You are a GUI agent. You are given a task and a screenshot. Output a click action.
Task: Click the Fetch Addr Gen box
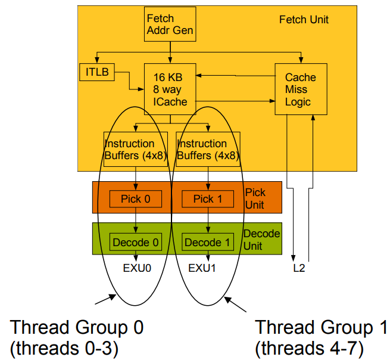[x=170, y=24]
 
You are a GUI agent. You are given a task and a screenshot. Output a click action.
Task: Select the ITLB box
[x=97, y=72]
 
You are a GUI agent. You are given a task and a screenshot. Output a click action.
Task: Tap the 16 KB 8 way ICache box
[x=170, y=89]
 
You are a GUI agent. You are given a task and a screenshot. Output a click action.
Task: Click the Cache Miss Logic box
[x=301, y=89]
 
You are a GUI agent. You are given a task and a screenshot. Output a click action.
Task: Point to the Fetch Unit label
[x=304, y=20]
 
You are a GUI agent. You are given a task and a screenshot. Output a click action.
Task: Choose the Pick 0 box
[x=136, y=199]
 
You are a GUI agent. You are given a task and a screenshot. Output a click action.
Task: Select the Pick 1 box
[x=208, y=199]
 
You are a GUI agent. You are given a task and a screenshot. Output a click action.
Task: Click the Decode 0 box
[x=136, y=242]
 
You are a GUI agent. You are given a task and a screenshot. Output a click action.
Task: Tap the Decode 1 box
[x=208, y=242]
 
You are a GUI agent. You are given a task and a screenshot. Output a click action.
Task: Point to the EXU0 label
[x=137, y=268]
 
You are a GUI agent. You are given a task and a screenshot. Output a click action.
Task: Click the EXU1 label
[x=202, y=268]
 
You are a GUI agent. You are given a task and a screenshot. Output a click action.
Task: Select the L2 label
[x=299, y=268]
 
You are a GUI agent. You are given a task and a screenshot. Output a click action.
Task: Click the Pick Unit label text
[x=255, y=198]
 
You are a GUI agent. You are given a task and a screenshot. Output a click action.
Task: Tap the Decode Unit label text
[x=261, y=240]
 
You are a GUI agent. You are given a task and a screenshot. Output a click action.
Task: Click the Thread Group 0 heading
[x=77, y=327]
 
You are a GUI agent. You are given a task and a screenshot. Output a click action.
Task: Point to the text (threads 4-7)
[x=309, y=348]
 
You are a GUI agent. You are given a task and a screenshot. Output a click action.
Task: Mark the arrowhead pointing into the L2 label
[x=294, y=259]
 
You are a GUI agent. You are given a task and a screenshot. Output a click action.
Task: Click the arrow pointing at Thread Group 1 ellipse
[x=235, y=304]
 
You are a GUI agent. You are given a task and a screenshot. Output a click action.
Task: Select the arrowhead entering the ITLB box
[x=97, y=60]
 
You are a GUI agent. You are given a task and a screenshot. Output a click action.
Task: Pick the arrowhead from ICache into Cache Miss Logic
[x=272, y=101]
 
